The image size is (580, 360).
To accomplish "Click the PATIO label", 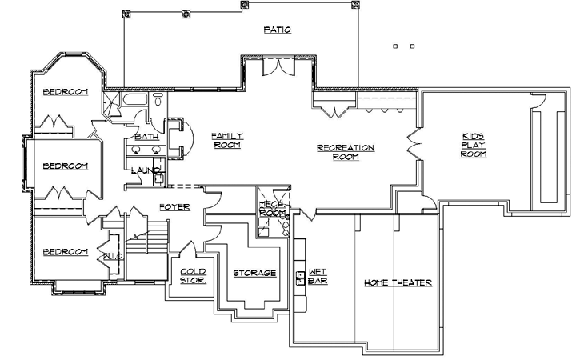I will point(276,30).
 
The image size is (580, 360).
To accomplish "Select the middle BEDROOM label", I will point(65,166).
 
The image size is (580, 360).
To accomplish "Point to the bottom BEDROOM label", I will point(65,252).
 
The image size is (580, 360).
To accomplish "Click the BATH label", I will point(146,137).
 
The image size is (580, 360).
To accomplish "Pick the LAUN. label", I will point(144,170).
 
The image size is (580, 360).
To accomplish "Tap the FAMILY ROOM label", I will point(226,141).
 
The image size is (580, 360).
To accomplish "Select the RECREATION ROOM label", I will point(346,152).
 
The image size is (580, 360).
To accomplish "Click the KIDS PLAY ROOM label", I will point(474,145).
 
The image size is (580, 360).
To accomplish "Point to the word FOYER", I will point(174,207).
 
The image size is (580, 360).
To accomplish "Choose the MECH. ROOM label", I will point(271,209).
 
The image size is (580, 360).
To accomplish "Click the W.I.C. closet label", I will point(111,257).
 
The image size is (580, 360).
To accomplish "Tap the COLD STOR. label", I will point(193,276).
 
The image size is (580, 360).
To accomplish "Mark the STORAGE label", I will point(254,273).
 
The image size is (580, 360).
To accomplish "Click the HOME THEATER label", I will point(398,282).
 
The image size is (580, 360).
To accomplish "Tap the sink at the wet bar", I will point(301,278).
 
